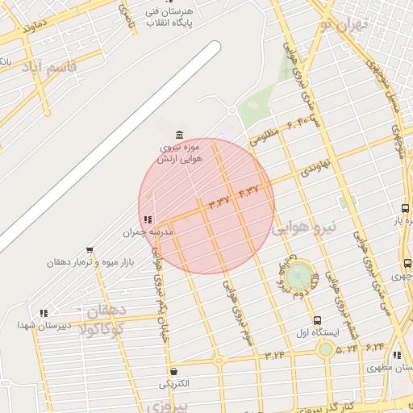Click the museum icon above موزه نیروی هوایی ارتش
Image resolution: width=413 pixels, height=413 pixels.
click(178, 132)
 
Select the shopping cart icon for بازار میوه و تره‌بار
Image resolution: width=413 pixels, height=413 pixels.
click(89, 250)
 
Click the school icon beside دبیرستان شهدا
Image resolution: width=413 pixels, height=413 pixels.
click(43, 312)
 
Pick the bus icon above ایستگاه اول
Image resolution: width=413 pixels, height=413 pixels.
click(317, 319)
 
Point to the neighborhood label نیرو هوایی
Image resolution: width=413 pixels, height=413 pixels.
click(308, 228)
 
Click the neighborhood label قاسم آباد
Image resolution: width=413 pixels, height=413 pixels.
click(51, 65)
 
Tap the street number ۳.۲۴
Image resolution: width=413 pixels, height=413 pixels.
click(274, 354)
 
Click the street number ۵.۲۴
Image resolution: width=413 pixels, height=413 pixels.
click(347, 348)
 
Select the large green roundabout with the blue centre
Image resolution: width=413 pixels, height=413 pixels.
click(298, 276)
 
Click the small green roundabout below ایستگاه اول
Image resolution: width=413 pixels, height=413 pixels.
click(325, 349)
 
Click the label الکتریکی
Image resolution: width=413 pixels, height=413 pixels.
click(174, 384)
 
